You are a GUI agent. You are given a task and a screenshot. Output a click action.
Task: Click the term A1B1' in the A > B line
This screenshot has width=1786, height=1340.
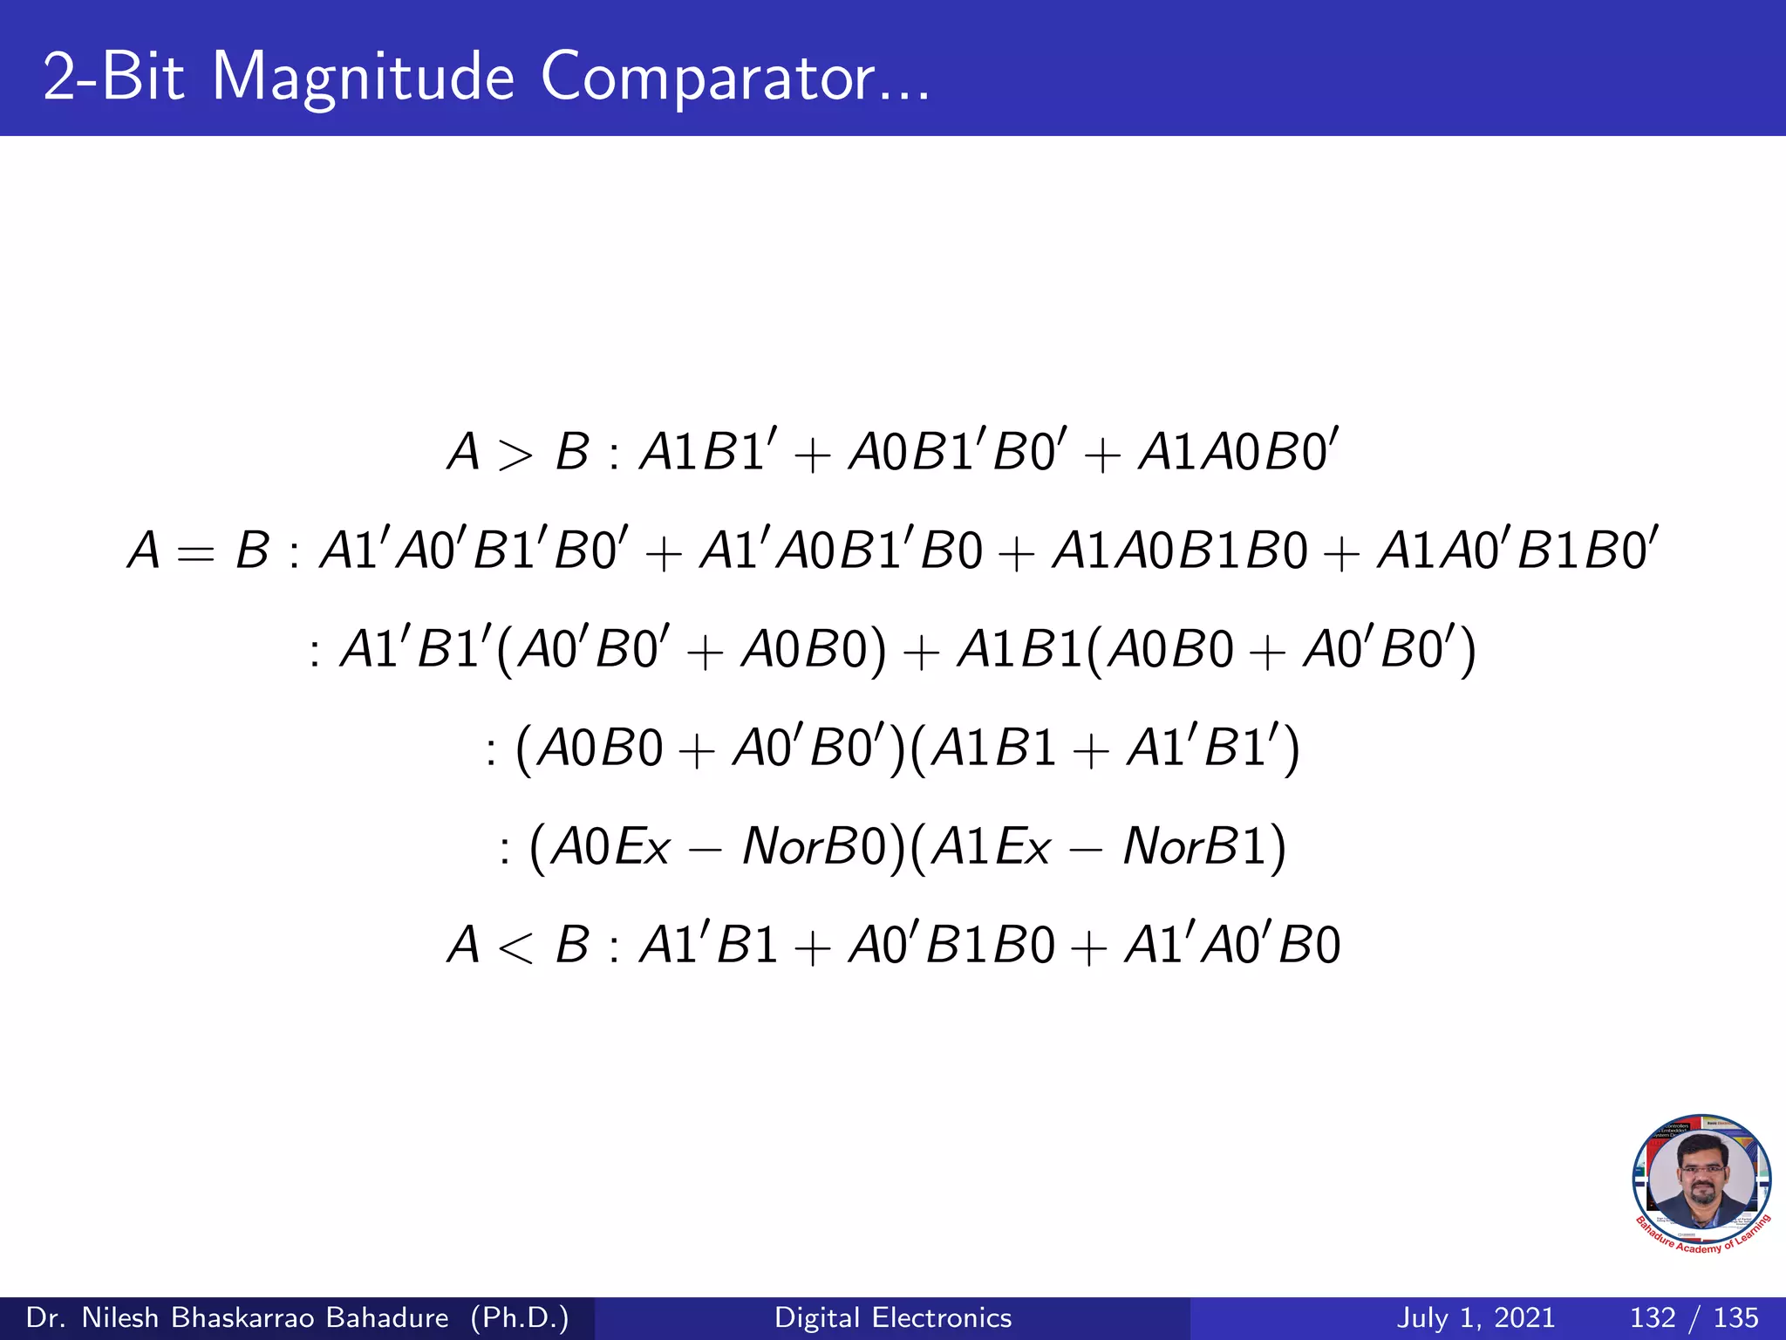(705, 452)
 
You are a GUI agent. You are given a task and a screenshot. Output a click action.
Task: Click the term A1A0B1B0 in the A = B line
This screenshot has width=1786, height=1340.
(1180, 551)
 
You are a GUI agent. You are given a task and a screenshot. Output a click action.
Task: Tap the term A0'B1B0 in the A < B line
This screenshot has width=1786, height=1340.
(951, 945)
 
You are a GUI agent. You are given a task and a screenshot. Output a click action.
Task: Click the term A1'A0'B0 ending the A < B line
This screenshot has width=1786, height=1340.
(1232, 945)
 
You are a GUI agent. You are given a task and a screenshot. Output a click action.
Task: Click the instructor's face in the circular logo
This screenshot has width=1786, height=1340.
(1701, 1179)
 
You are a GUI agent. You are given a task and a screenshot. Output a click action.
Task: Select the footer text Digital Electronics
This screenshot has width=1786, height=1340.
(893, 1317)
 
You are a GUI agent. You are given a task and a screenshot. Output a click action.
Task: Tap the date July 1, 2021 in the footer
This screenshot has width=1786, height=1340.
(1476, 1317)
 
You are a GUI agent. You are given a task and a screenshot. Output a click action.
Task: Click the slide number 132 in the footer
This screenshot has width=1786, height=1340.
(1653, 1317)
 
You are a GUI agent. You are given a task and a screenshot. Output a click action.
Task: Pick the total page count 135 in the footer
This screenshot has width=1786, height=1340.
(1735, 1317)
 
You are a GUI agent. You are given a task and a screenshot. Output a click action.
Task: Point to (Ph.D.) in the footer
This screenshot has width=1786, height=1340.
(520, 1317)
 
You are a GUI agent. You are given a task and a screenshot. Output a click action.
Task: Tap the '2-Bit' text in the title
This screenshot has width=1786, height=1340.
(113, 77)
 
